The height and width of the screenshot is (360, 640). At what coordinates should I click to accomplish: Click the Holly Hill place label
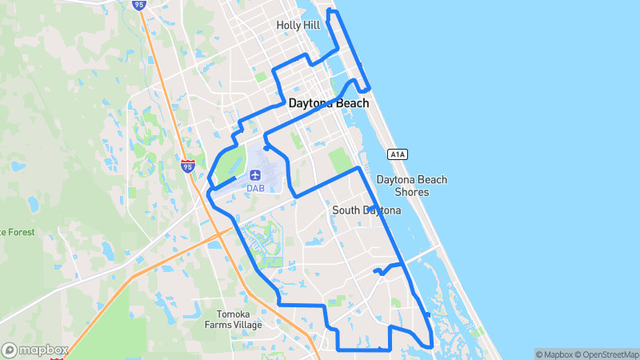(x=298, y=25)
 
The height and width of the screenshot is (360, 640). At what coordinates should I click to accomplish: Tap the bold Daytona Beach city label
(x=329, y=103)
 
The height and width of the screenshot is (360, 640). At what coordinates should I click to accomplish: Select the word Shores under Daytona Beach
(x=413, y=192)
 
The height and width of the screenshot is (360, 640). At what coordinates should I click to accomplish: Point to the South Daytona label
(x=366, y=210)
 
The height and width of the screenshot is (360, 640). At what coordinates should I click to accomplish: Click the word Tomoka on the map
(x=234, y=314)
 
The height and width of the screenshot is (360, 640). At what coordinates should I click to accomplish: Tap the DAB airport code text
(x=255, y=188)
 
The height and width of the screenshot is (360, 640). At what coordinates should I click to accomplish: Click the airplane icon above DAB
(x=255, y=174)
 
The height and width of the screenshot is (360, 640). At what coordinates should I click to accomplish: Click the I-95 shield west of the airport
(x=187, y=166)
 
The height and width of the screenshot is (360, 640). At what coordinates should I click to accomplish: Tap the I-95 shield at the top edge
(x=139, y=4)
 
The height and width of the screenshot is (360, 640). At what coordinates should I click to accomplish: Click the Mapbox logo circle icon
(x=10, y=350)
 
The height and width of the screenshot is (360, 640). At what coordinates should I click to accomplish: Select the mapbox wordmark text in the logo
(x=43, y=350)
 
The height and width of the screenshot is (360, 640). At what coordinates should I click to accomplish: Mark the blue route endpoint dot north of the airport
(x=265, y=148)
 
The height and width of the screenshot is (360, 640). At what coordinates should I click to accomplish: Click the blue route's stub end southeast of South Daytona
(x=375, y=272)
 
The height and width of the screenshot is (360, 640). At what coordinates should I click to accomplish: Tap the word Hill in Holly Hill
(x=312, y=25)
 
